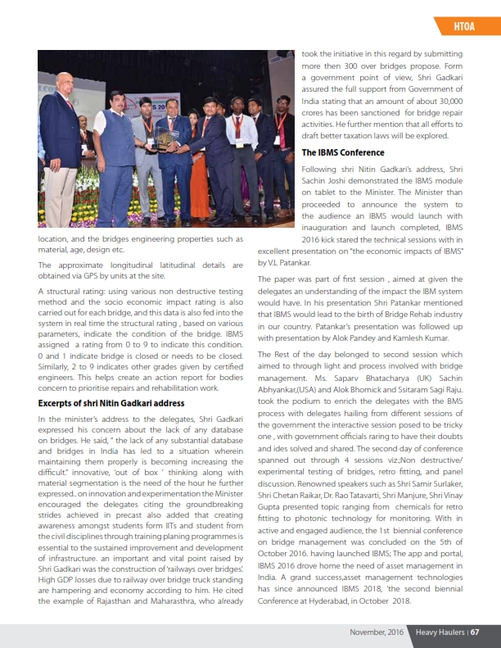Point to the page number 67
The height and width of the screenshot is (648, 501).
pyautogui.click(x=474, y=632)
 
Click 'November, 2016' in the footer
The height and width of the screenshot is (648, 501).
pyautogui.click(x=377, y=632)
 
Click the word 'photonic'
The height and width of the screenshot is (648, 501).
pyautogui.click(x=332, y=518)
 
